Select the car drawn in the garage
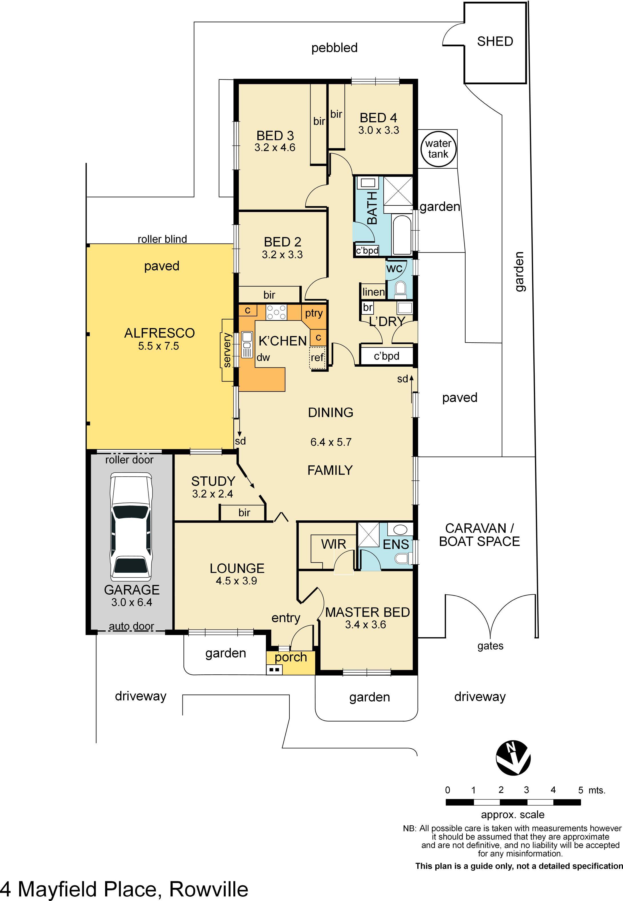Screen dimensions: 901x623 (131, 527)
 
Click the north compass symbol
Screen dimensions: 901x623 (513, 758)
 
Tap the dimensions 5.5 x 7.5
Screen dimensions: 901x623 (159, 346)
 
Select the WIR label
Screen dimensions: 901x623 (333, 544)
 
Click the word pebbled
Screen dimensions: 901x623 (334, 48)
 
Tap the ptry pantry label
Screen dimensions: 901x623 (314, 313)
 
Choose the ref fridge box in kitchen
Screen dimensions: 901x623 (317, 357)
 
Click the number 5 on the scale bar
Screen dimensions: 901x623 (580, 790)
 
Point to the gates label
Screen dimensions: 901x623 (490, 646)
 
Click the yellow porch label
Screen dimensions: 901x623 (291, 658)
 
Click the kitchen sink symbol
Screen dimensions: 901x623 (247, 344)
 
